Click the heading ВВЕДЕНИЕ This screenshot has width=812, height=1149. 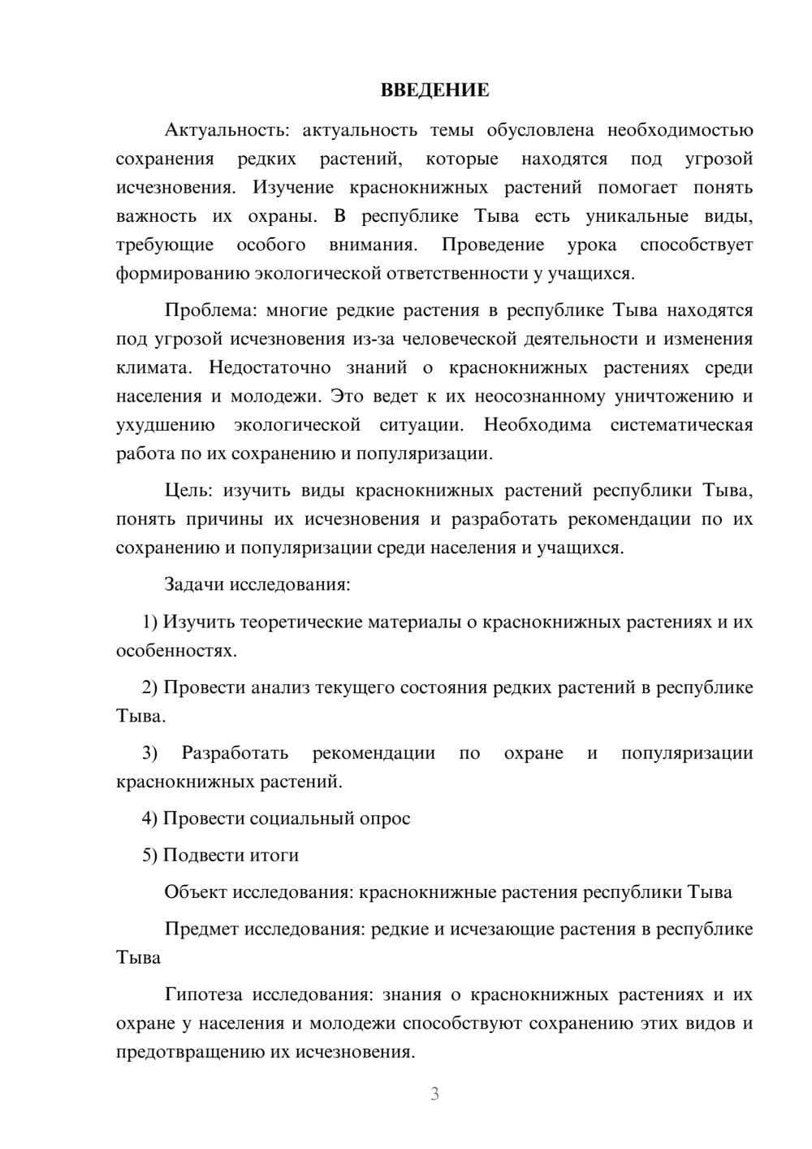(434, 90)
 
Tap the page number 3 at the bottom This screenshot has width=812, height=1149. (434, 1094)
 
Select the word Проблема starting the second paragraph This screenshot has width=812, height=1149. (211, 310)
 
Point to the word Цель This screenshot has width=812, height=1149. (188, 490)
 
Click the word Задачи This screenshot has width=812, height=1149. (195, 584)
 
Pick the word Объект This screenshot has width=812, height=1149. (196, 892)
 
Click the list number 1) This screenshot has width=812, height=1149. (150, 622)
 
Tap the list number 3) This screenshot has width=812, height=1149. (150, 752)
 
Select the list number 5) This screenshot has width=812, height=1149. (150, 855)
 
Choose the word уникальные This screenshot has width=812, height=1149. (637, 216)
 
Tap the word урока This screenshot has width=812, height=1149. (591, 245)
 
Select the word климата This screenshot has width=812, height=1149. (153, 367)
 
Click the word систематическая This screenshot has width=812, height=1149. (681, 425)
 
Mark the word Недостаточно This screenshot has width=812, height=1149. (270, 367)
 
